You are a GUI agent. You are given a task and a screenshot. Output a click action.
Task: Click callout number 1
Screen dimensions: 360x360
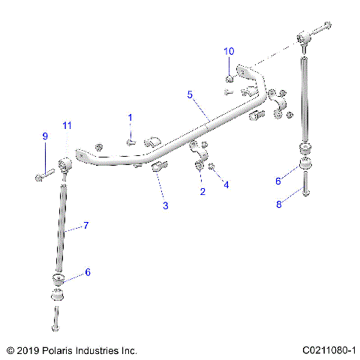[129, 118]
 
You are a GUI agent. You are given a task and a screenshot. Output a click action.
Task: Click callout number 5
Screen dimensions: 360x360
[190, 95]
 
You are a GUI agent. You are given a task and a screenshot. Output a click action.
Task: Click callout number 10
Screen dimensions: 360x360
[229, 51]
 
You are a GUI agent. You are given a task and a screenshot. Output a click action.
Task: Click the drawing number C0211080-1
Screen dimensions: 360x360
[328, 350]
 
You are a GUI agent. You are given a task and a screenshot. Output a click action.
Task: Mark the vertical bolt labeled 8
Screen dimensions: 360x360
[306, 183]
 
